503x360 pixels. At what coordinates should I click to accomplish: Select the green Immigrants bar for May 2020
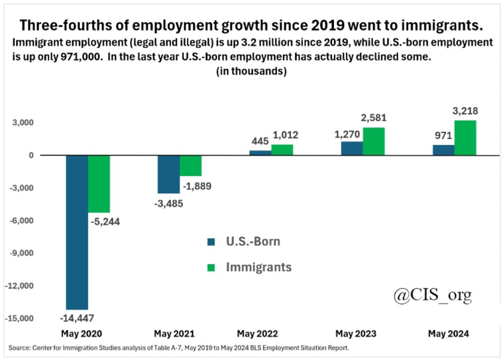(x=99, y=184)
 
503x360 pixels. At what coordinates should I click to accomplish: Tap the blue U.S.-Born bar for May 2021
(x=168, y=174)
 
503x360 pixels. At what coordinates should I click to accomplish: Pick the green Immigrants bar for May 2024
(x=465, y=138)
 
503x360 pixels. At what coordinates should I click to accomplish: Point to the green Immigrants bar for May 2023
(x=374, y=141)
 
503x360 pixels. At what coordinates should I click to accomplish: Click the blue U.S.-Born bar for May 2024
(x=444, y=150)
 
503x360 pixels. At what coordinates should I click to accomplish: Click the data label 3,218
(x=465, y=111)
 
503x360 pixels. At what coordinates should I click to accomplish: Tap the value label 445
(x=260, y=141)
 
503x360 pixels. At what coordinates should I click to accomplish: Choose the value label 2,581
(x=373, y=118)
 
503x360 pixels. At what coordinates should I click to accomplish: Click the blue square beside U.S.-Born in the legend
(x=211, y=242)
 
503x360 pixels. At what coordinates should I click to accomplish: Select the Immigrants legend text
(x=259, y=267)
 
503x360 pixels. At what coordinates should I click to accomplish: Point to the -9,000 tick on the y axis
(x=20, y=253)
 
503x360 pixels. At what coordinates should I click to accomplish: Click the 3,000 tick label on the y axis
(x=23, y=122)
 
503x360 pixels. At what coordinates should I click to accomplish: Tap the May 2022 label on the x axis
(x=257, y=334)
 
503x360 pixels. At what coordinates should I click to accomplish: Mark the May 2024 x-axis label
(x=448, y=334)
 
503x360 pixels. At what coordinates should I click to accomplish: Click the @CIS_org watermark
(x=432, y=295)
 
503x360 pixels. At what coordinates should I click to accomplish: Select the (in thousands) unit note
(x=251, y=71)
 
